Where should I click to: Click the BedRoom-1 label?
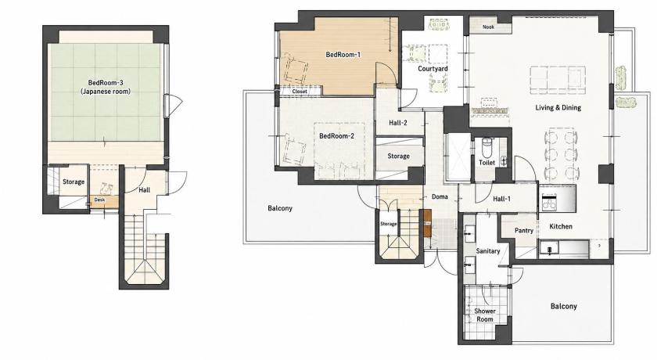click(x=343, y=55)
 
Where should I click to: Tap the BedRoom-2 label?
click(x=336, y=136)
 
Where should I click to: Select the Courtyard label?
click(x=433, y=68)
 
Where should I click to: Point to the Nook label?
click(x=488, y=27)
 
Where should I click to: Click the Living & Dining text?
click(x=558, y=108)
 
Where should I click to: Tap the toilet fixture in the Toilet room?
click(x=486, y=147)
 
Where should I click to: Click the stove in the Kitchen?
click(x=548, y=202)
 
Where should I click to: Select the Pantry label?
click(x=524, y=231)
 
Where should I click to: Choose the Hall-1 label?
click(x=501, y=199)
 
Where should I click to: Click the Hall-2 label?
click(x=397, y=123)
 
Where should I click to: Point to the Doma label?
click(x=440, y=196)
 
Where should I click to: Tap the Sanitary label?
click(x=488, y=251)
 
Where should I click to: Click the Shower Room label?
click(x=485, y=315)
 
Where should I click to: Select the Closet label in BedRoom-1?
click(x=300, y=91)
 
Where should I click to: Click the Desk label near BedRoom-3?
click(x=99, y=200)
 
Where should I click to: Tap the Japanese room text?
click(x=106, y=92)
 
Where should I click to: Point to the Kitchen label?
click(x=561, y=226)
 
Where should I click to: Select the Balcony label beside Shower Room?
click(x=564, y=306)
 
